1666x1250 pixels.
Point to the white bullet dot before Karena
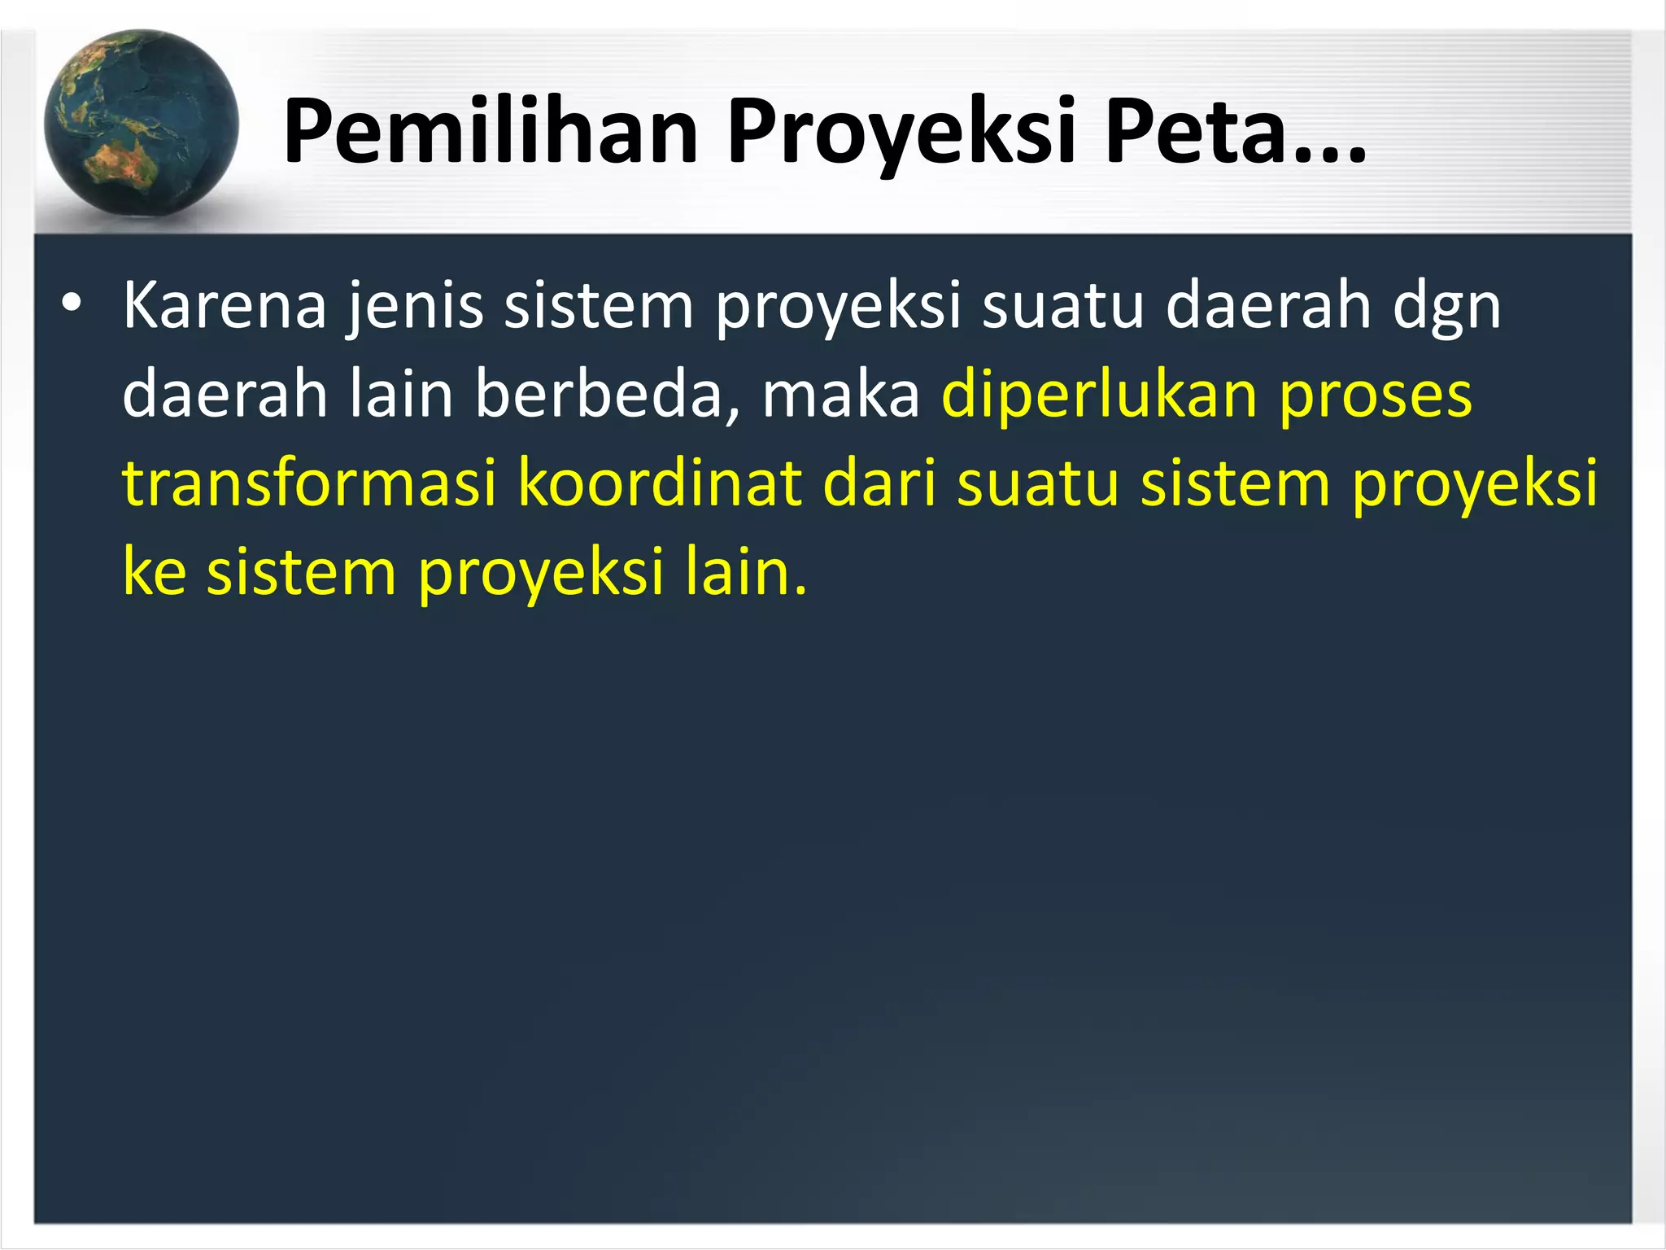coord(72,304)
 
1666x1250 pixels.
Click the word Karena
coord(225,306)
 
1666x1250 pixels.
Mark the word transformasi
coord(309,483)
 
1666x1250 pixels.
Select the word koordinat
coord(660,483)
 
